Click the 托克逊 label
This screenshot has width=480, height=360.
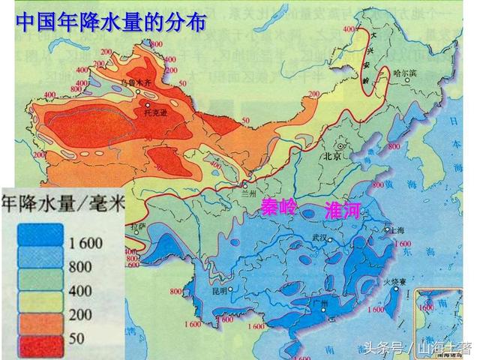tap(154, 112)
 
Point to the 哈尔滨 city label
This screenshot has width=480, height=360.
tap(404, 73)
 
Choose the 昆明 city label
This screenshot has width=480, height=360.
tap(218, 289)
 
